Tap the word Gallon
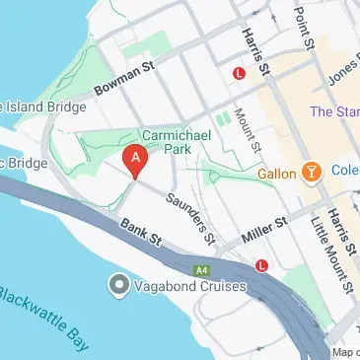[x=278, y=174]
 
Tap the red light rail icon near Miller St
[x=261, y=264]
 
